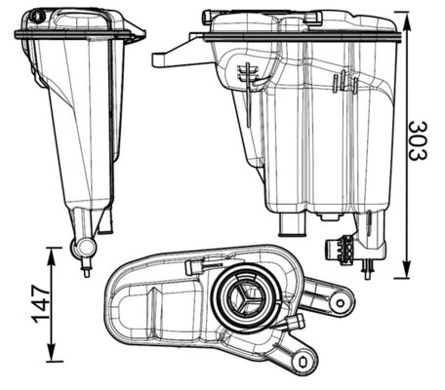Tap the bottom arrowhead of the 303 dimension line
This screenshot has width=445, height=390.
(x=400, y=273)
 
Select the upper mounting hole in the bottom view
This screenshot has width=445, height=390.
(x=339, y=301)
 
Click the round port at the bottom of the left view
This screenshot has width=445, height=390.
(x=82, y=249)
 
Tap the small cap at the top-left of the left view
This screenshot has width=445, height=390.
(x=37, y=17)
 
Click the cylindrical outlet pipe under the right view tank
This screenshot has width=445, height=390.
(x=293, y=225)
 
